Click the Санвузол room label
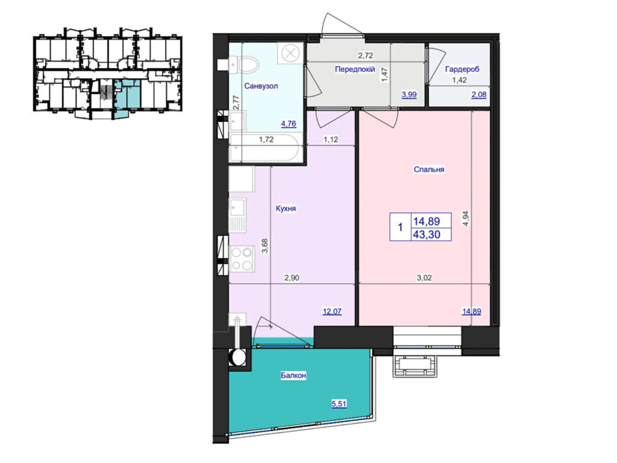pyautogui.click(x=261, y=86)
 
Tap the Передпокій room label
pyautogui.click(x=354, y=69)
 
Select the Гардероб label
pyautogui.click(x=462, y=69)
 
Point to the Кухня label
pyautogui.click(x=286, y=208)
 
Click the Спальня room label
pyautogui.click(x=429, y=169)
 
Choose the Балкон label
pyautogui.click(x=293, y=375)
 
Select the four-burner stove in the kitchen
pyautogui.click(x=242, y=259)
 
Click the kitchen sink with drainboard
pyautogui.click(x=238, y=215)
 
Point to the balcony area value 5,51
pyautogui.click(x=339, y=404)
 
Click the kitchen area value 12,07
pyautogui.click(x=332, y=311)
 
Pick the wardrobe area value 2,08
pyautogui.click(x=479, y=95)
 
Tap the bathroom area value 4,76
pyautogui.click(x=289, y=123)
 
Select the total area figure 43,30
pyautogui.click(x=427, y=235)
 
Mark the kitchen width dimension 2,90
pyautogui.click(x=292, y=278)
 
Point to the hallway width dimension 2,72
pyautogui.click(x=365, y=56)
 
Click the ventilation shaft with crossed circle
pyautogui.click(x=290, y=53)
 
